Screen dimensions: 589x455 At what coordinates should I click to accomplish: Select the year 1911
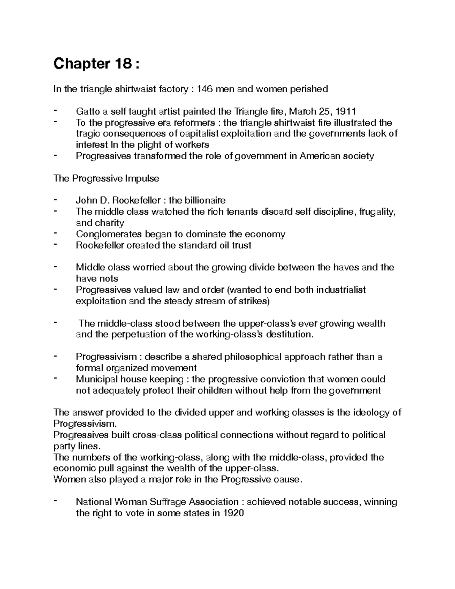point(345,112)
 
